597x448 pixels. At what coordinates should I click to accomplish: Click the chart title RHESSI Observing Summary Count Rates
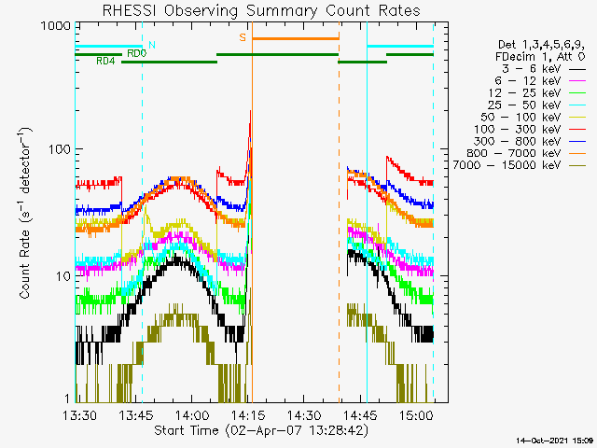[260, 10]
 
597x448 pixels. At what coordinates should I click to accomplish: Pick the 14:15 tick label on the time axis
[248, 414]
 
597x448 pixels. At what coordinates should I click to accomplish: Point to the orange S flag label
[243, 37]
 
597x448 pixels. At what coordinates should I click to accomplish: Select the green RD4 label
[105, 62]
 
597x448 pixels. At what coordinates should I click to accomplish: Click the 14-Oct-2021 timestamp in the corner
[554, 439]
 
